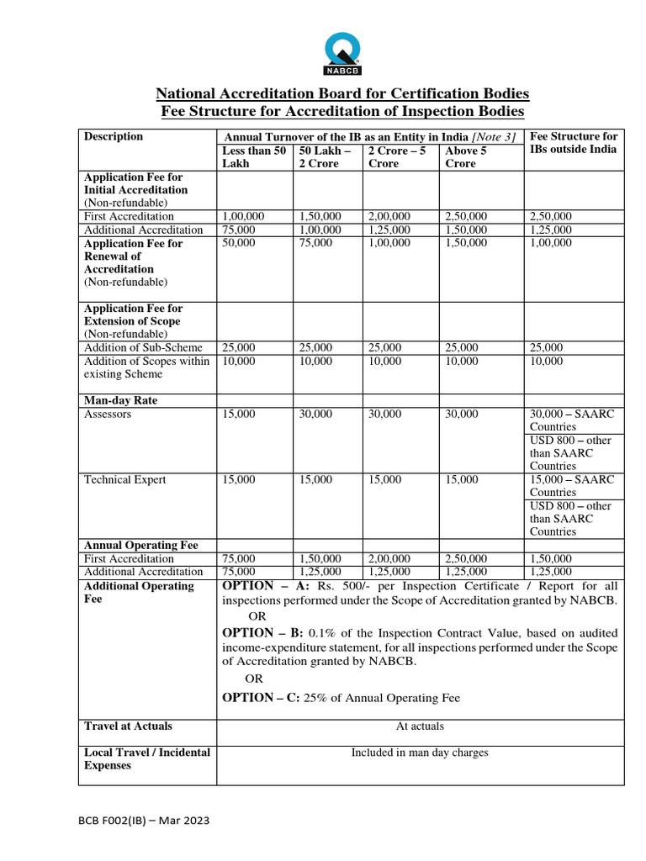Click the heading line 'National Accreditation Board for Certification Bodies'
(x=342, y=92)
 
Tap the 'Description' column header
(x=114, y=136)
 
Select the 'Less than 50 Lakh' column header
(x=254, y=156)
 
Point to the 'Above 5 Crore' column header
(x=465, y=156)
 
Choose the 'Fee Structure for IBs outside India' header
(x=575, y=142)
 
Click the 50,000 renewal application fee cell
(x=238, y=243)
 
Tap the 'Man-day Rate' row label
(x=120, y=400)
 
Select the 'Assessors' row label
(x=108, y=414)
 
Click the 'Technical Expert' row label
(x=124, y=479)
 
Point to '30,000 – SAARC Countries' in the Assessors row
(x=572, y=420)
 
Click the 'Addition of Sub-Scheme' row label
(x=143, y=347)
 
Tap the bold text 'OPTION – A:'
(x=262, y=585)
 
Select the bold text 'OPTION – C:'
(x=262, y=697)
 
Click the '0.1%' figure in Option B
(x=324, y=632)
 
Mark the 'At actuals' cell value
(x=420, y=726)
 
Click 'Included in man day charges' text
(x=420, y=753)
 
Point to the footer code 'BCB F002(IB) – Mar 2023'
(x=144, y=820)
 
